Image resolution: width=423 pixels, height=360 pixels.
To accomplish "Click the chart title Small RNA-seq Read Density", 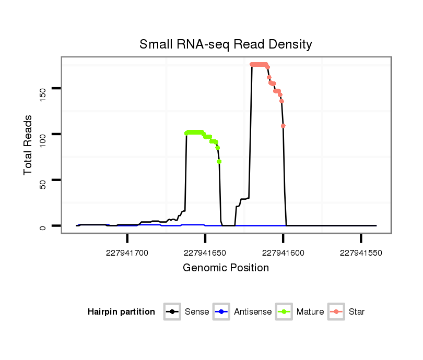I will coord(226,44).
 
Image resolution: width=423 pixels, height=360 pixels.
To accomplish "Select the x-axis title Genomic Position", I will coord(226,268).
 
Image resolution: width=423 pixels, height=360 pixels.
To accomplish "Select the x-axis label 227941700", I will coord(127,253).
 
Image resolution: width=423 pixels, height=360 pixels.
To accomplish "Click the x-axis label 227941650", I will coord(205,253).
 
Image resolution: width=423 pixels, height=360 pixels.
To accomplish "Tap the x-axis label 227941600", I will coord(283,253).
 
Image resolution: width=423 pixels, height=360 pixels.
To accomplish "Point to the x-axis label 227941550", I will coord(361,253).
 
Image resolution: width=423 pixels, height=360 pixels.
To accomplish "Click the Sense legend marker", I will coord(172,312).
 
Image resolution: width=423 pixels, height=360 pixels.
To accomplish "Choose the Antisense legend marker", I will coord(221,312).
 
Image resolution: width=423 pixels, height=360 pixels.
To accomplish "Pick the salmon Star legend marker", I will coord(336,312).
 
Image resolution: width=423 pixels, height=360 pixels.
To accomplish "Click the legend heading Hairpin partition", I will coord(121,312).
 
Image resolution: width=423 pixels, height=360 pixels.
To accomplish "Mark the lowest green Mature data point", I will coord(219,161).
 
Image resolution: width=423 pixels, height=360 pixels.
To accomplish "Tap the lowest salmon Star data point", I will coord(283,126).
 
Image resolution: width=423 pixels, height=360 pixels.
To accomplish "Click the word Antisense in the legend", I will coord(253,312).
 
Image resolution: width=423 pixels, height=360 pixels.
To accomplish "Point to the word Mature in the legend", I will coord(310,312).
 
